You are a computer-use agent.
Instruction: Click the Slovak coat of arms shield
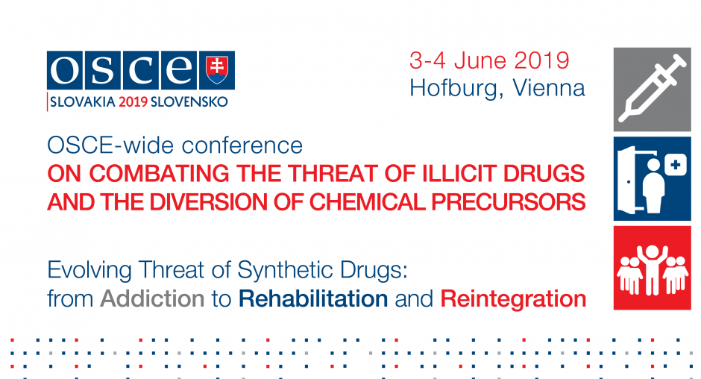point(217,70)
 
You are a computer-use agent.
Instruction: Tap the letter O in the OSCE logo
point(64,70)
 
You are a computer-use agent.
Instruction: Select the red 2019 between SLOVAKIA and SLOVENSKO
point(133,102)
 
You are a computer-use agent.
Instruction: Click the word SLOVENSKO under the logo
point(189,102)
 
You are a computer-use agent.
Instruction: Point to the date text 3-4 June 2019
point(489,60)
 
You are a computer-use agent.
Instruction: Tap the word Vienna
point(549,88)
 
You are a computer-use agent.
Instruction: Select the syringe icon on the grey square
point(653,89)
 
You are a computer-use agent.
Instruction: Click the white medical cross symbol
point(676,165)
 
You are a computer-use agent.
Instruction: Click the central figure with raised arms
point(653,269)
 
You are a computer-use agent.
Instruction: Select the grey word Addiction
point(152,299)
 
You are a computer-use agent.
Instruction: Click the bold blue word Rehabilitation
point(313,299)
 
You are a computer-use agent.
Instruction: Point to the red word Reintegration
point(513,299)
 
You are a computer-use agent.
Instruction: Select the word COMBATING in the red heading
point(159,174)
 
